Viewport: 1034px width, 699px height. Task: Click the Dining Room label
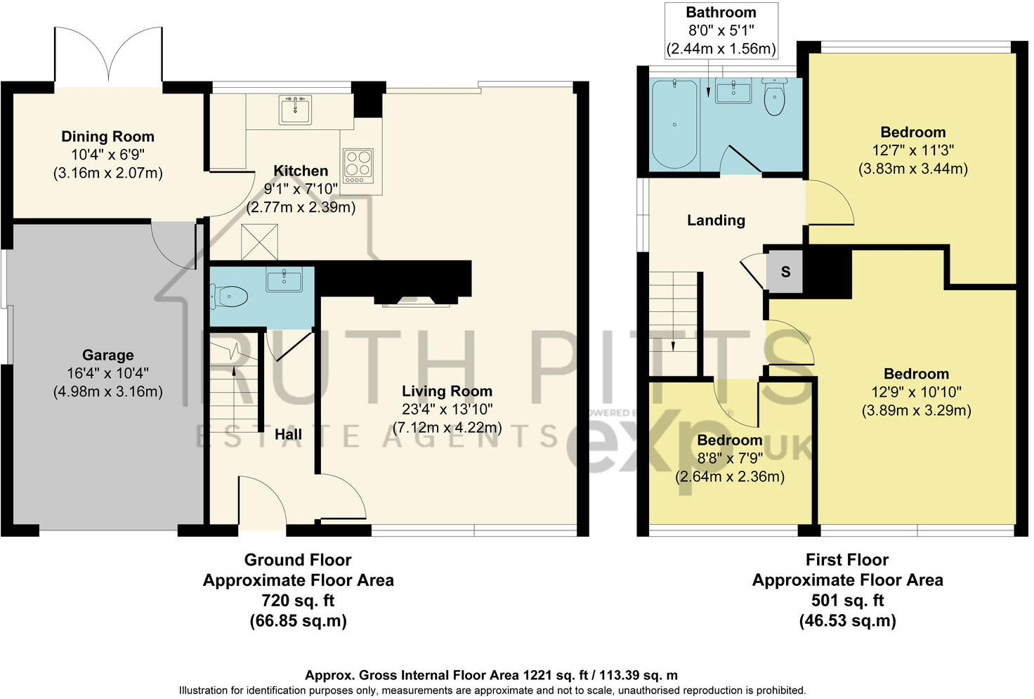(x=107, y=137)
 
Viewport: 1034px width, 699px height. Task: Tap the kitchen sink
(x=295, y=110)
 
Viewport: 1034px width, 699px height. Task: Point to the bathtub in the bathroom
(x=674, y=124)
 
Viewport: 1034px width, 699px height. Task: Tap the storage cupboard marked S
(x=785, y=272)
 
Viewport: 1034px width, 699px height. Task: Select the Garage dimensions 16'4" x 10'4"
(x=107, y=374)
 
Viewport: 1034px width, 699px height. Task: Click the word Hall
(x=288, y=435)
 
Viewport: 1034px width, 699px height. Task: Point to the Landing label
(x=716, y=221)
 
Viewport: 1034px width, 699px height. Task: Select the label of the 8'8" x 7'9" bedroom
(x=729, y=440)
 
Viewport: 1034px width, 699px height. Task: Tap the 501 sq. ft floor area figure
(x=846, y=601)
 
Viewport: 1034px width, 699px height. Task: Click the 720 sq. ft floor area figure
(x=298, y=601)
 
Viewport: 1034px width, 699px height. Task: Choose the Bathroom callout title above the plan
(x=721, y=13)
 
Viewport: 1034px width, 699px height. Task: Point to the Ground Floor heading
(x=298, y=560)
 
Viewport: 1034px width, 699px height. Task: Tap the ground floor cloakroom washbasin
(x=284, y=280)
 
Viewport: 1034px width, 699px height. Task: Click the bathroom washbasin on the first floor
(x=733, y=91)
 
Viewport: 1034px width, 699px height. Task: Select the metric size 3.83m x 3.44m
(x=913, y=169)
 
